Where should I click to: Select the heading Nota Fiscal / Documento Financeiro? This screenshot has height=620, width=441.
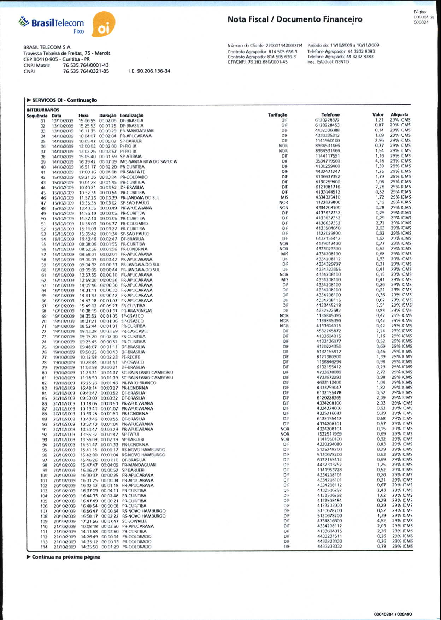(x=295, y=19)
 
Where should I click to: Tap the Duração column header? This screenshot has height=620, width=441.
(x=107, y=116)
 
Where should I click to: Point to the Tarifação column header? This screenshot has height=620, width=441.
(x=277, y=115)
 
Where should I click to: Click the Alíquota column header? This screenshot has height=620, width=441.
(x=399, y=115)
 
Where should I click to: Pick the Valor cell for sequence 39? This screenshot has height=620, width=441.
(x=380, y=161)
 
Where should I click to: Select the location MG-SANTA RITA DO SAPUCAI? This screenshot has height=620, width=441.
(x=149, y=162)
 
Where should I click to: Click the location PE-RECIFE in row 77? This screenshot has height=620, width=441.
(x=130, y=357)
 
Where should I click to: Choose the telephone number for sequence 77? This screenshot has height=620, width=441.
(x=329, y=357)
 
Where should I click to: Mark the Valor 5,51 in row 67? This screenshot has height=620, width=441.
(x=380, y=305)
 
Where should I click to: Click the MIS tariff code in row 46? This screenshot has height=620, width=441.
(x=284, y=197)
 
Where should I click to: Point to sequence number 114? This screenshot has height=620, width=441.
(x=44, y=547)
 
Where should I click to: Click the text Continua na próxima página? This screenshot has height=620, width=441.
(x=66, y=557)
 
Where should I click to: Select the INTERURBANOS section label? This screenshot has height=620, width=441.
(x=43, y=110)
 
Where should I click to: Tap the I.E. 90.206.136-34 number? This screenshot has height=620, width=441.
(x=149, y=71)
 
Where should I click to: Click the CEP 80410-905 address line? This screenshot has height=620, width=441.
(x=57, y=59)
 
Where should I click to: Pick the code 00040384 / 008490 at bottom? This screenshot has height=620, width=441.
(x=393, y=614)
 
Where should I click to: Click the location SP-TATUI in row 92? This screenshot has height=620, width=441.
(x=130, y=435)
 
